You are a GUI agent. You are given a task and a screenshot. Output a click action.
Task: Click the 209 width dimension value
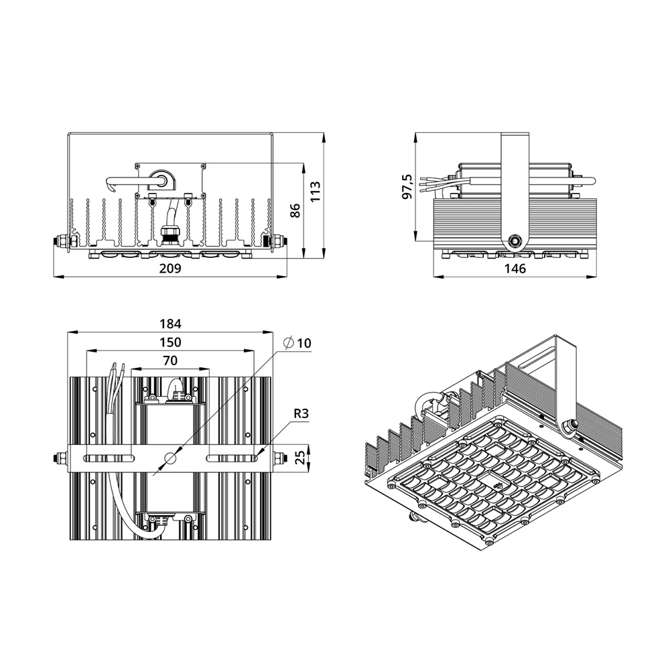coord(170,269)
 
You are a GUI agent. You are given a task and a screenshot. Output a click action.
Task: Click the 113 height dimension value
coord(315,192)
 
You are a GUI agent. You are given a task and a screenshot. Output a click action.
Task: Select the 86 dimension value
coord(294,210)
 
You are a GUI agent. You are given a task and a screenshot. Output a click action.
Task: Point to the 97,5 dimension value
coord(407,186)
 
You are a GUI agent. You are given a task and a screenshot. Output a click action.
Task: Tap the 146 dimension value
coord(515,269)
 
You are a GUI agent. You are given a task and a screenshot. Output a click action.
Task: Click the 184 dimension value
coord(170,324)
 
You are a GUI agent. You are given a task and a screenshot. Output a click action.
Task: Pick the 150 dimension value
coord(170,342)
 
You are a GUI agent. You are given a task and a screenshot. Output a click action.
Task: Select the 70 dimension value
coord(170,360)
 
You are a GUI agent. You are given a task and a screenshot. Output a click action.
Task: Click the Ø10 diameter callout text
coord(297,342)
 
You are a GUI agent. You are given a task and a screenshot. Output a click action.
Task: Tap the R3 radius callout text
coord(301,413)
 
